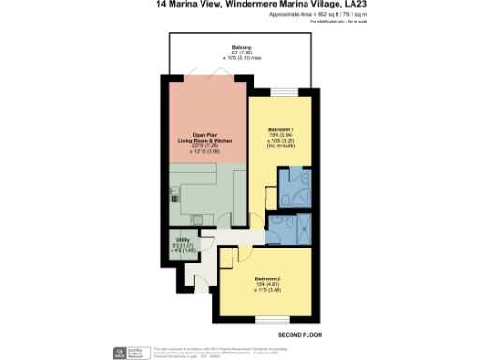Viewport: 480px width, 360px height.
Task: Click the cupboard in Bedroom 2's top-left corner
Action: pos(227,258)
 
